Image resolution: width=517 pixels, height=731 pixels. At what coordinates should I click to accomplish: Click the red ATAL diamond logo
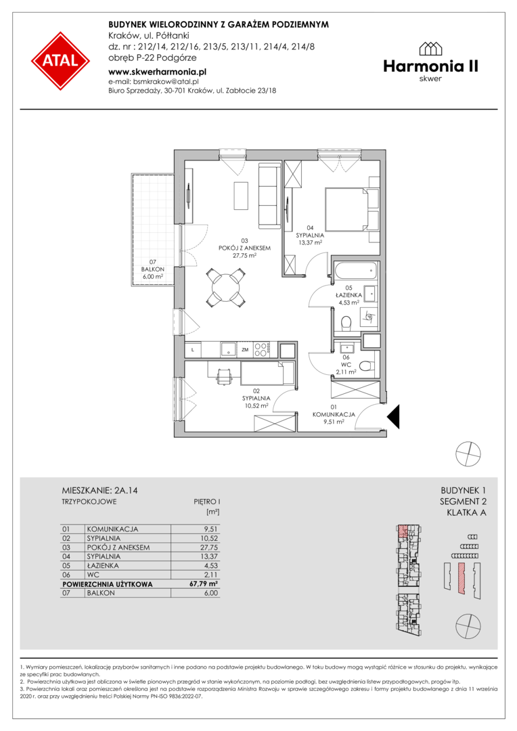(60, 61)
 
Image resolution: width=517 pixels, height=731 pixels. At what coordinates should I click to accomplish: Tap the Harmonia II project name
(431, 66)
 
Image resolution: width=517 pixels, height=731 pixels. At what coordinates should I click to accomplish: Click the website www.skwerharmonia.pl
(157, 72)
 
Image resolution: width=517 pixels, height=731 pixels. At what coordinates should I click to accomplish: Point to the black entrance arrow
(393, 416)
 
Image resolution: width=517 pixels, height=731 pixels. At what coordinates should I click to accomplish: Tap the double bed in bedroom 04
(346, 208)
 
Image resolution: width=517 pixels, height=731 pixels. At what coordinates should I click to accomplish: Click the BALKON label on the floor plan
(152, 269)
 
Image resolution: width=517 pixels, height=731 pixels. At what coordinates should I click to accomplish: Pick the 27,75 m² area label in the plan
(245, 255)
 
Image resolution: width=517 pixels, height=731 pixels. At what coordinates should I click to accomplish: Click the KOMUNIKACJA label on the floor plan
(334, 414)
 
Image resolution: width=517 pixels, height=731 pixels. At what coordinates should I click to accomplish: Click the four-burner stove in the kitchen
(261, 350)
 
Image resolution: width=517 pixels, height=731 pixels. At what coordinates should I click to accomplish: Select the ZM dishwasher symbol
(245, 350)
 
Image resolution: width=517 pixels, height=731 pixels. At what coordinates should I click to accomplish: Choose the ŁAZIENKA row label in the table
(103, 565)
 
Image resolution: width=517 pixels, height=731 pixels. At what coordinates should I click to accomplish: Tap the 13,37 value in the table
(209, 556)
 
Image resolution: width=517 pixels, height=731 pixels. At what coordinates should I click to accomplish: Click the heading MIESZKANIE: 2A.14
(99, 491)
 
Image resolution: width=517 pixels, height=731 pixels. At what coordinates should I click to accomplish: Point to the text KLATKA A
(466, 513)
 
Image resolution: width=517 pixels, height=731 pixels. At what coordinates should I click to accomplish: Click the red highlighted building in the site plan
(462, 578)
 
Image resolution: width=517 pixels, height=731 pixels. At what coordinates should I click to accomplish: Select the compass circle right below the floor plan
(468, 453)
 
